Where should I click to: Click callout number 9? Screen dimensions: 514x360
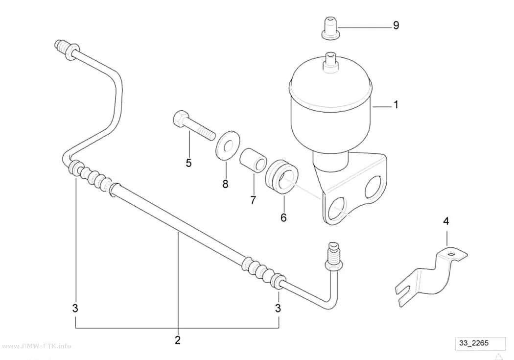pos(396,25)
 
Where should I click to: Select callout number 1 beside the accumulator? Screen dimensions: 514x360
pos(396,105)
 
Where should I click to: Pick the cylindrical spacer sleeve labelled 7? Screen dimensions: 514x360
pos(253,159)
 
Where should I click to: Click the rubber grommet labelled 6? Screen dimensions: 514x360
pos(281,176)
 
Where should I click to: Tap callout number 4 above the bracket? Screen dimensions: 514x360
pos(446,221)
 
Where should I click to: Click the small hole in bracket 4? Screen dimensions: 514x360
pos(452,254)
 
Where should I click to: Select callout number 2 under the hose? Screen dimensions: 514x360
pos(177,340)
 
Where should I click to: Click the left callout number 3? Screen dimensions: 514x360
pos(75,308)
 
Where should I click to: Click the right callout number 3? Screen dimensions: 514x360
pos(278,308)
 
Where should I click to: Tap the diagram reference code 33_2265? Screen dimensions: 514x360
pos(474,343)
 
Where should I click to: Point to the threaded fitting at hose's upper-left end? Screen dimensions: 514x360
pos(66,49)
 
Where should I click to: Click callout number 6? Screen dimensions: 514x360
pos(283,217)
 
